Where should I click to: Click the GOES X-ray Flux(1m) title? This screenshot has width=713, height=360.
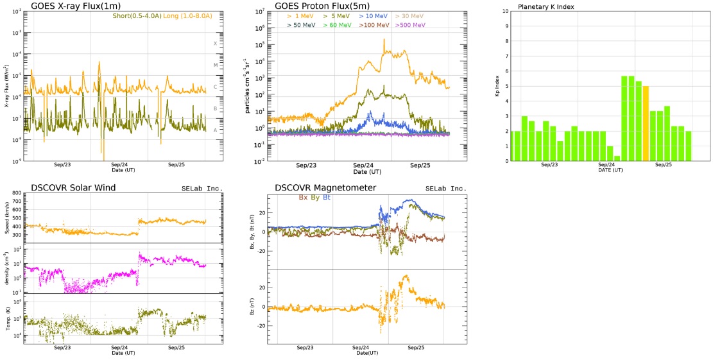78,6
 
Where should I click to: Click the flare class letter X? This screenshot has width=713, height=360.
216,43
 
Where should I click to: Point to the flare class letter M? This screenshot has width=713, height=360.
216,65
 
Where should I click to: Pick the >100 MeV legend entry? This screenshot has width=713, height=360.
374,25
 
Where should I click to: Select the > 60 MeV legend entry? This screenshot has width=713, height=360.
337,25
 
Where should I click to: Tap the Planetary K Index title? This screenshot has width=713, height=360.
545,6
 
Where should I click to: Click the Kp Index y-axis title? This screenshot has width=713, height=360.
497,86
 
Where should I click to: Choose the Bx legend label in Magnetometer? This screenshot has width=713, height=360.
304,197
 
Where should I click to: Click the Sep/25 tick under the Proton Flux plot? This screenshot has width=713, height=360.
420,166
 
